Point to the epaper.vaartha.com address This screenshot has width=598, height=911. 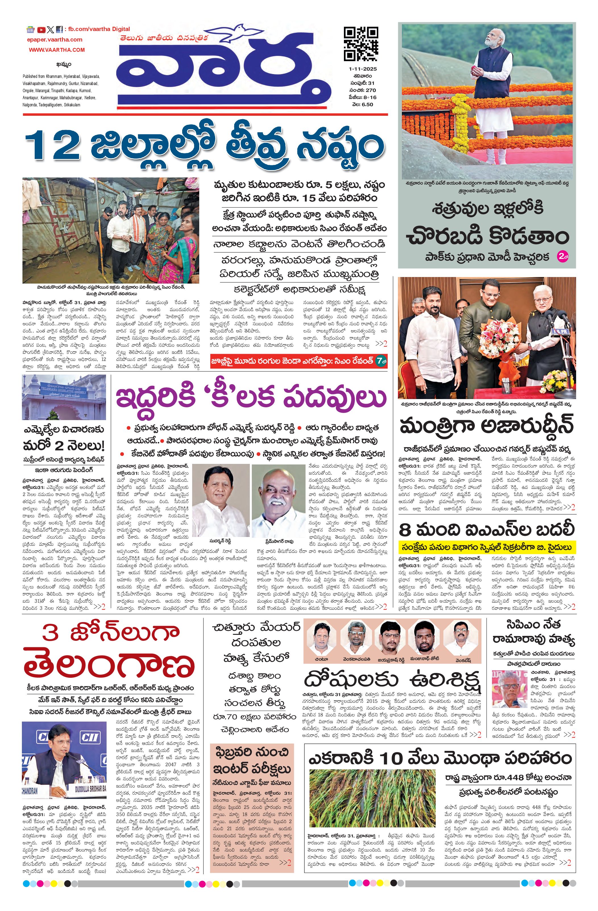click(x=55, y=40)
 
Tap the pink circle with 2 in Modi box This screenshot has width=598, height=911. click(x=564, y=256)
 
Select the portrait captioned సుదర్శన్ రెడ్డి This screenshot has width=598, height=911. click(x=220, y=499)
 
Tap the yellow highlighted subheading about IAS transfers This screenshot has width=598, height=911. click(x=486, y=547)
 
